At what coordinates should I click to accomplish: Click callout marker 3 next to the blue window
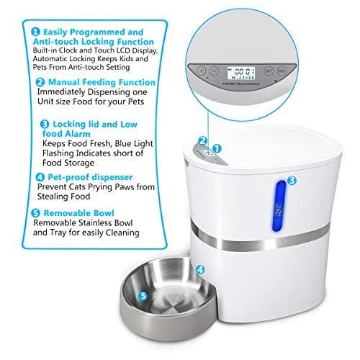click(x=292, y=181)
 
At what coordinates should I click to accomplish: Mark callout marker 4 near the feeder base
click(x=200, y=270)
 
